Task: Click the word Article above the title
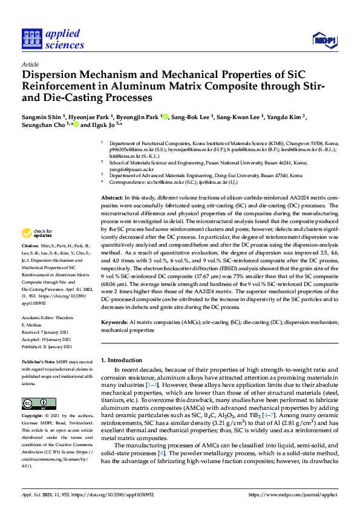(30, 64)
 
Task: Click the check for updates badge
(37, 233)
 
